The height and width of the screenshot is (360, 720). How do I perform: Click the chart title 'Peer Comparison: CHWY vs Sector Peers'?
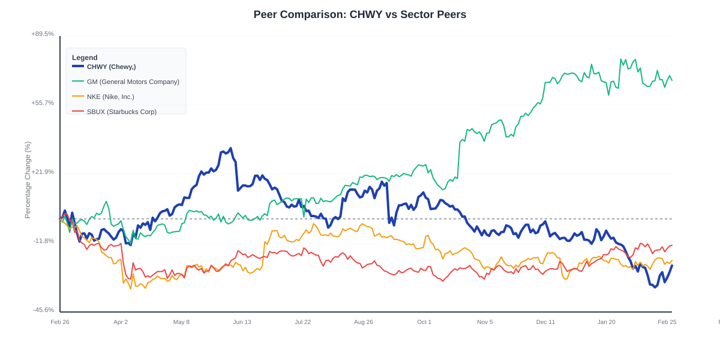359,14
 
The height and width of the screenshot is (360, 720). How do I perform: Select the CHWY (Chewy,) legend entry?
111,67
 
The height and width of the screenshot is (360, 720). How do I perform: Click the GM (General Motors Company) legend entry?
133,82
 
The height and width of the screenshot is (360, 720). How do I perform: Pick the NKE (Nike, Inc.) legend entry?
110,97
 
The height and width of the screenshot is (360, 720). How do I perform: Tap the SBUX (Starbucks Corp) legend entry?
121,112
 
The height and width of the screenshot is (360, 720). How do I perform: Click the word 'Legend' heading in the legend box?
85,58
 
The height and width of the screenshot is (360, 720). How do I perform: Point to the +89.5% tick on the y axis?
43,34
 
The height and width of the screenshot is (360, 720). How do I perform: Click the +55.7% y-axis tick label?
43,103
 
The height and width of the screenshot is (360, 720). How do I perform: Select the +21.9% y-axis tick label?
43,172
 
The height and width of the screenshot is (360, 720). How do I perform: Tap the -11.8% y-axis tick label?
43,241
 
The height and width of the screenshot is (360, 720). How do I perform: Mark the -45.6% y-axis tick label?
43,310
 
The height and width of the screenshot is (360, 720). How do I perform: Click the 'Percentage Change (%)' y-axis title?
28,180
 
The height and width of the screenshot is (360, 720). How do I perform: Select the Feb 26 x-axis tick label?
60,322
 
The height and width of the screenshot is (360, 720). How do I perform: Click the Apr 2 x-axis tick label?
121,322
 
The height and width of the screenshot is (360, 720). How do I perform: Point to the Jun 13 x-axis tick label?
242,322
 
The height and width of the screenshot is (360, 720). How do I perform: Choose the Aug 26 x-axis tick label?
364,322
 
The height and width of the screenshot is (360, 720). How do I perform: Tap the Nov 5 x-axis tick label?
485,322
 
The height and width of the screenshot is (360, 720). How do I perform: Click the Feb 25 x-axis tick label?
667,322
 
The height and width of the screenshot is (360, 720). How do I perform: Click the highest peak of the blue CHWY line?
230,149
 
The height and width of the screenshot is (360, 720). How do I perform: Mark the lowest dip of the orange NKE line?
131,289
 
